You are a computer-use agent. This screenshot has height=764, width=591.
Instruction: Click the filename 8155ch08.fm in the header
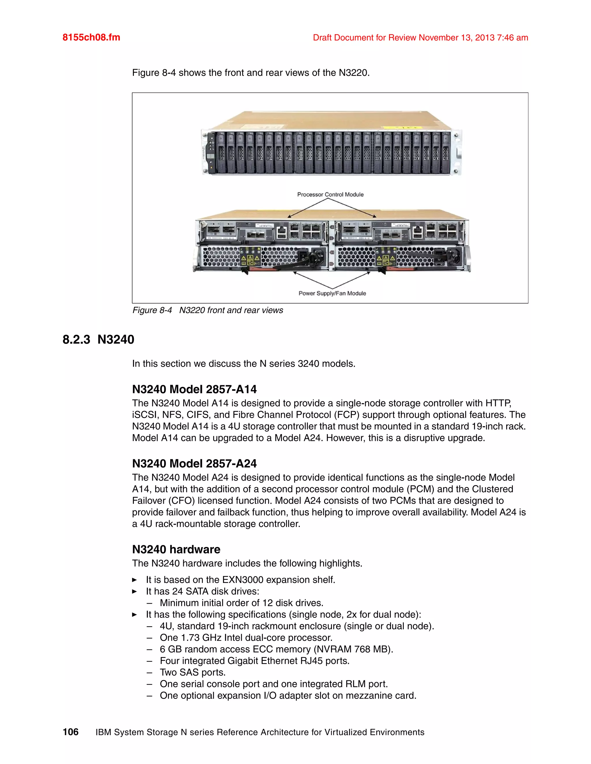[91, 37]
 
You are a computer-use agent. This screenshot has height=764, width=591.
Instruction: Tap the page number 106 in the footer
[70, 732]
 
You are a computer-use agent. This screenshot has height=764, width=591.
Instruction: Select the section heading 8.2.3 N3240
[98, 339]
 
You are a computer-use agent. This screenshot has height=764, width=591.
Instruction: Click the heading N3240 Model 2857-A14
[194, 389]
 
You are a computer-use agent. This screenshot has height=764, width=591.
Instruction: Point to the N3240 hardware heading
[176, 549]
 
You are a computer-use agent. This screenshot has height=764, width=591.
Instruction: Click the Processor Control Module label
[330, 195]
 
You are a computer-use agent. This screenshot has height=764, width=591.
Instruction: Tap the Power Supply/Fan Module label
[332, 293]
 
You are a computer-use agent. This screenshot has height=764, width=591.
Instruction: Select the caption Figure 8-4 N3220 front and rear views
[207, 310]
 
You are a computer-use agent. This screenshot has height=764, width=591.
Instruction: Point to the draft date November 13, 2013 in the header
[456, 37]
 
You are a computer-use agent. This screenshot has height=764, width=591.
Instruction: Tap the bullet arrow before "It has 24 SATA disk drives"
[134, 592]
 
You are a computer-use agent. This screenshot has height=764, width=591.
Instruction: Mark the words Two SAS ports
[192, 672]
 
